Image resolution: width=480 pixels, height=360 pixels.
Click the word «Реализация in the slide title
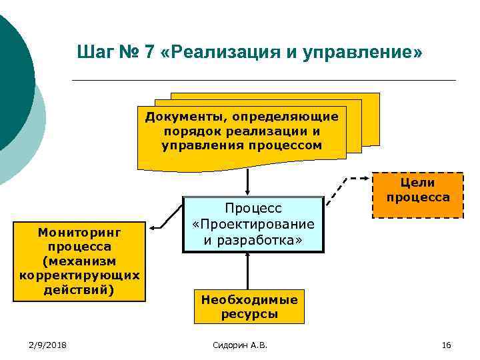tap(221, 52)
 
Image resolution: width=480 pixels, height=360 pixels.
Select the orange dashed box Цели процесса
tap(418, 195)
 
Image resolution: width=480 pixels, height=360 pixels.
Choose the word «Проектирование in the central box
tap(253, 224)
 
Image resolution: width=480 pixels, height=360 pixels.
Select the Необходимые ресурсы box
tap(249, 307)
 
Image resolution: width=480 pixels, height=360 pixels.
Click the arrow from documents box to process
tap(247, 180)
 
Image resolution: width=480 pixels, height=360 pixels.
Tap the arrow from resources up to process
tap(247, 272)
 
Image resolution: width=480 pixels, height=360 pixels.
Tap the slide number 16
tap(446, 345)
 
